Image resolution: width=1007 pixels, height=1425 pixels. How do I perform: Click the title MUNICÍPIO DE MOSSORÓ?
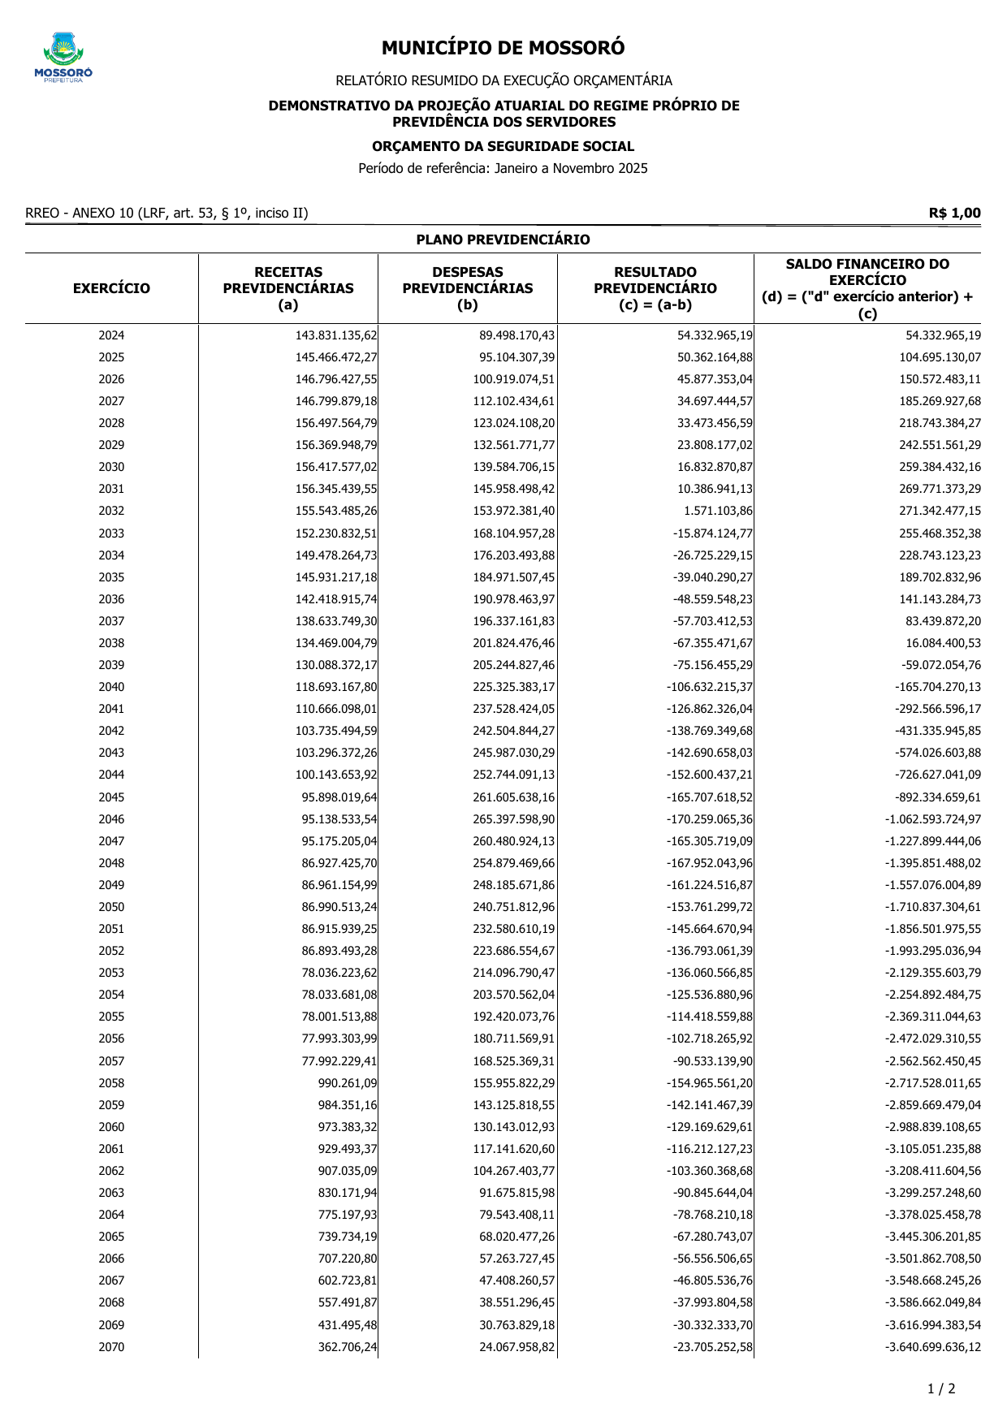(503, 49)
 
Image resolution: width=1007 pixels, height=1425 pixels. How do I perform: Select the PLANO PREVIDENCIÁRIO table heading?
(503, 240)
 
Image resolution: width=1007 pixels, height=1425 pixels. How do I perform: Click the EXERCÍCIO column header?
(111, 288)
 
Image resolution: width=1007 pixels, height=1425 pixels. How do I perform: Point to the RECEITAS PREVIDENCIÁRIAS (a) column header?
(288, 288)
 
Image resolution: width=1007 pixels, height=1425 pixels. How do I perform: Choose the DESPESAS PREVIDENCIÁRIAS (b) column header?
(468, 288)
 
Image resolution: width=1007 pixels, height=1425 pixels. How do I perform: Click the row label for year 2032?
(111, 511)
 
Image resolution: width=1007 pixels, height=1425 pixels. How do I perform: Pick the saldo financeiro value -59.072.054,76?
(940, 665)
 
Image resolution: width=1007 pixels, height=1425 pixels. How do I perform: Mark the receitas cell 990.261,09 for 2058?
(348, 1083)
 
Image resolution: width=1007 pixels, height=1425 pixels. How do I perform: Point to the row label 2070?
(111, 1347)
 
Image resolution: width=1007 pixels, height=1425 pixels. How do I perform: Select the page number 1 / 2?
(941, 1388)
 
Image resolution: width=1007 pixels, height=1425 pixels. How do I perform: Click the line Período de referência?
(503, 169)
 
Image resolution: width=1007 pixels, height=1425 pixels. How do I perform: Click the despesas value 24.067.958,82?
(517, 1347)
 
